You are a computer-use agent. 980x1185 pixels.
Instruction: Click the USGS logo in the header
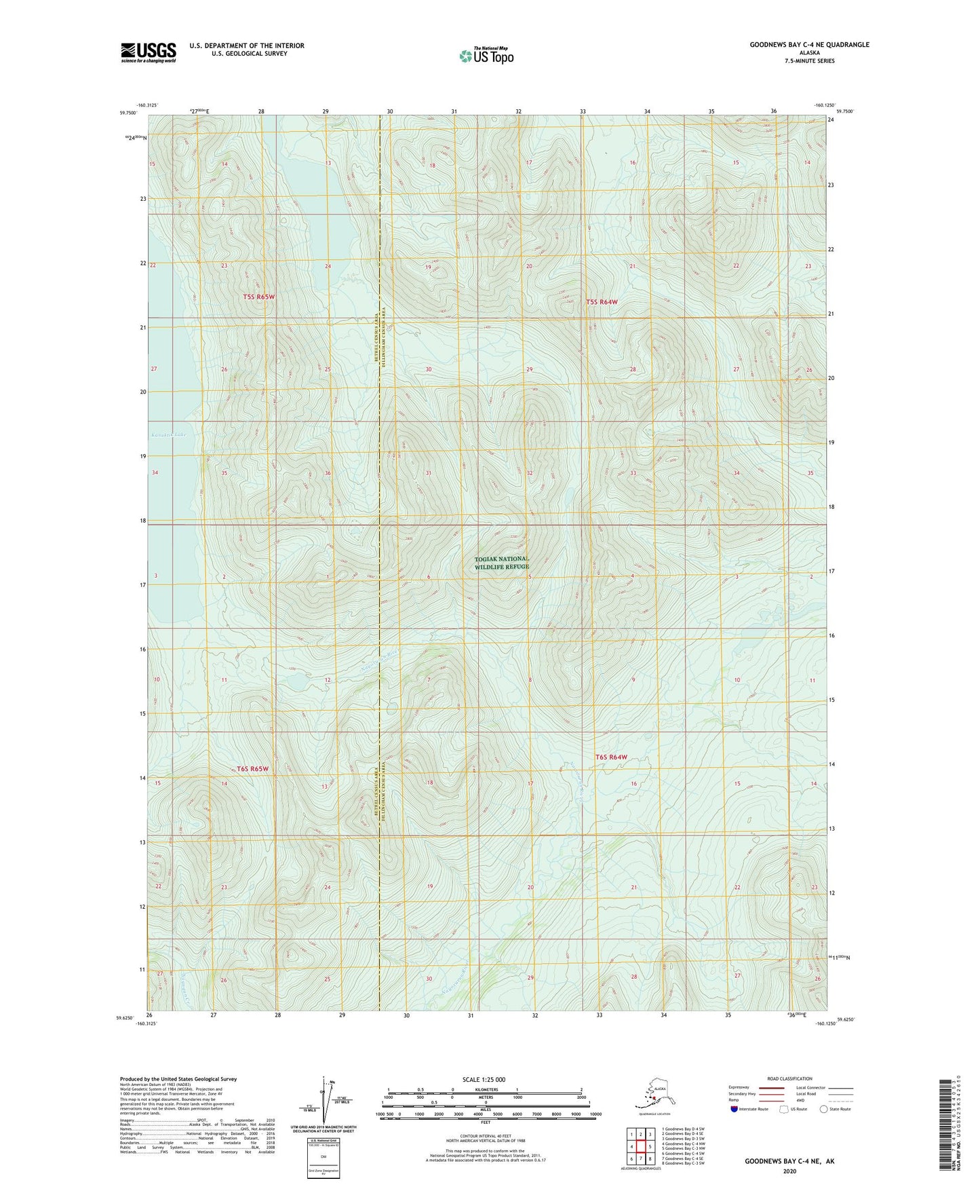[148, 52]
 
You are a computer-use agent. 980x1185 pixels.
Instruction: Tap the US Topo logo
[486, 56]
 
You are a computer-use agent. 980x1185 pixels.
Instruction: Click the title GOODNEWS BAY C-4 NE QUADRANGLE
[808, 45]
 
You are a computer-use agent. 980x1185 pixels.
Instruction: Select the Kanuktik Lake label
[168, 434]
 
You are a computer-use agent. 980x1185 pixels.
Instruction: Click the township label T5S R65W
[258, 297]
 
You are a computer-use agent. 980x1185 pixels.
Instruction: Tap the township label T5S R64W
[602, 301]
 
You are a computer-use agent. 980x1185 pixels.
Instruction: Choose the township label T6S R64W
[611, 757]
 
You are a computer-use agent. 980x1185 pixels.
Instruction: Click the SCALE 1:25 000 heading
[484, 1080]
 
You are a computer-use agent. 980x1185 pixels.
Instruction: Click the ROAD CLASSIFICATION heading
[789, 1078]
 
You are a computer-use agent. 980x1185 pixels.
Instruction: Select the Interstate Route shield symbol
[734, 1109]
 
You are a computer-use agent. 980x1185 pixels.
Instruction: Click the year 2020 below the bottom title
[789, 1171]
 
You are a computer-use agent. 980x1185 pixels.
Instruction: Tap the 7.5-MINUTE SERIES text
[808, 61]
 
